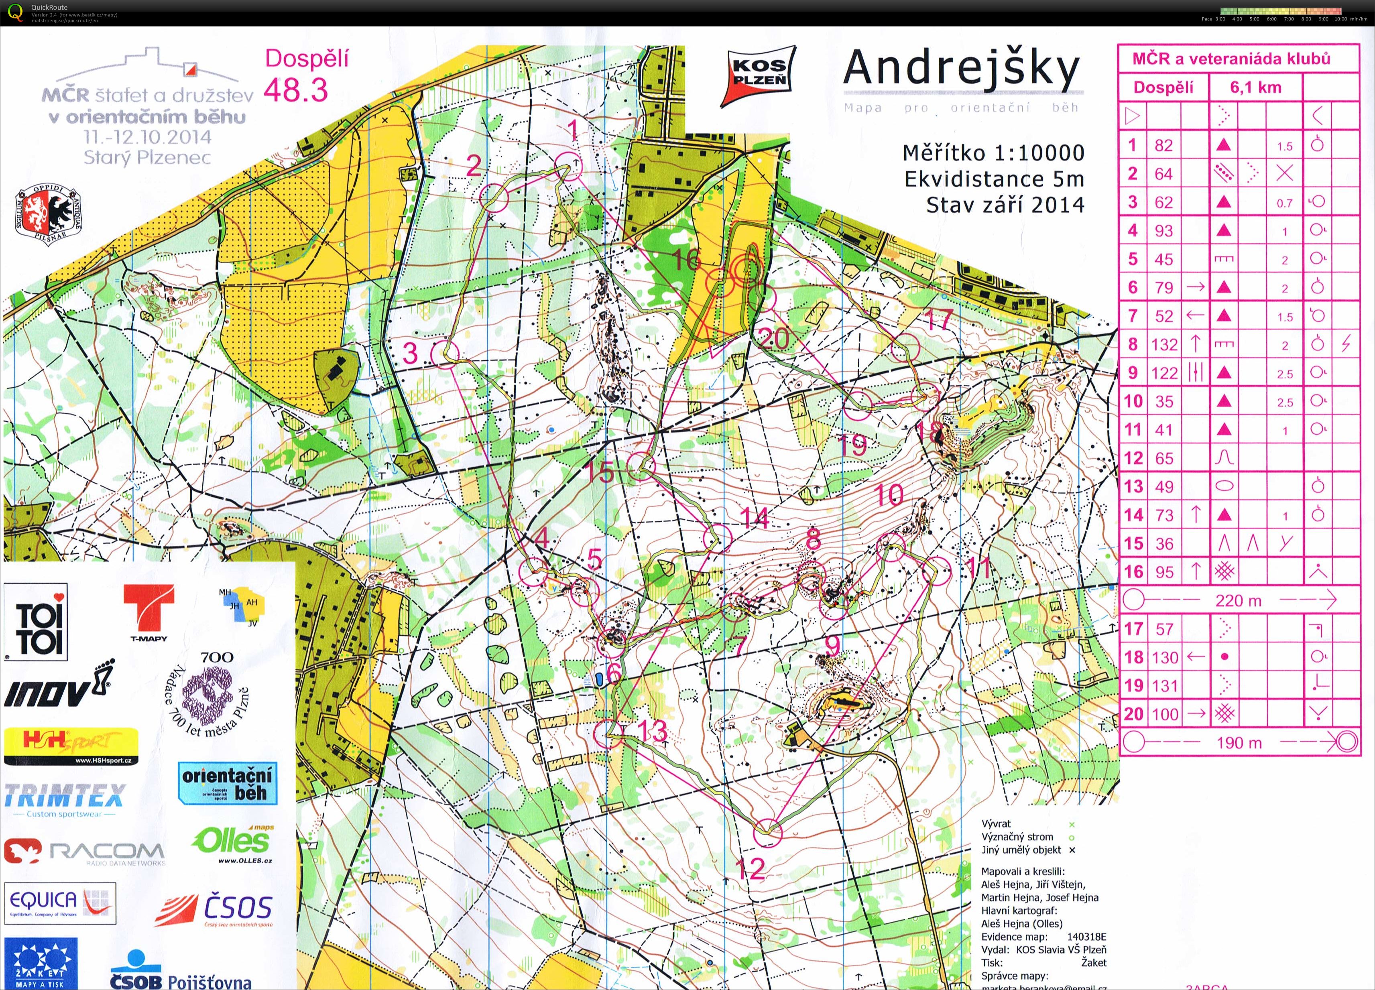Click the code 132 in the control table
pyautogui.click(x=1164, y=344)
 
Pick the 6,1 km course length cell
pyautogui.click(x=1255, y=87)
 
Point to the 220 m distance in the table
pyautogui.click(x=1238, y=601)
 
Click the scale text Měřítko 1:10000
pyautogui.click(x=993, y=153)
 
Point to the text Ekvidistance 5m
pyautogui.click(x=994, y=179)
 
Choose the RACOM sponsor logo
pyautogui.click(x=83, y=852)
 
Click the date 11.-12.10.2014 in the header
pyautogui.click(x=148, y=137)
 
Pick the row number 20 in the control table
pyautogui.click(x=1133, y=714)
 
